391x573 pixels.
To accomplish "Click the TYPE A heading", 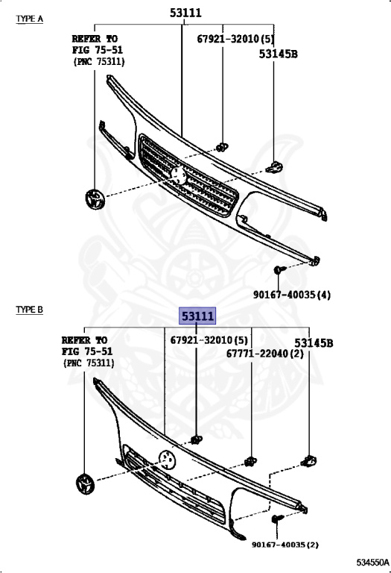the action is [30, 19].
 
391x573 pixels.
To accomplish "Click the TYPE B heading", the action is [30, 310].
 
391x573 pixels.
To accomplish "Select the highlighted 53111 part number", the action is [197, 316].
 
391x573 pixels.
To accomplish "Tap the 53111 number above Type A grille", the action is [185, 13].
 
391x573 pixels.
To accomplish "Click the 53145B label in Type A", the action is [279, 54].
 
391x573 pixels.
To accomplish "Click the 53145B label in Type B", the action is [314, 343].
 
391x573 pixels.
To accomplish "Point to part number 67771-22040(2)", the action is [265, 354].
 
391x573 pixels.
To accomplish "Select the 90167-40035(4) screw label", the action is [292, 295].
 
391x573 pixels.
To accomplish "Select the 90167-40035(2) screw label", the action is [284, 545].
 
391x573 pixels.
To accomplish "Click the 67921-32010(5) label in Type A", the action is [235, 39].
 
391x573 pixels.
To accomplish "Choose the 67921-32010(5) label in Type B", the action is [209, 340].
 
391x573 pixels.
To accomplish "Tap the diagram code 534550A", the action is [372, 561].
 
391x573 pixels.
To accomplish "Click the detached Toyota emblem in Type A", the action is [95, 199].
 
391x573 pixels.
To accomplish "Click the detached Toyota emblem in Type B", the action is [86, 484].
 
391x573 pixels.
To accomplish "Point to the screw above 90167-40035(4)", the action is [279, 269].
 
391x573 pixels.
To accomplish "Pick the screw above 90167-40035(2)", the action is [278, 519].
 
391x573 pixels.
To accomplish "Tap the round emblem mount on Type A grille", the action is [179, 175].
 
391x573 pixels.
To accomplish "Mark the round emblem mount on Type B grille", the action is [168, 460].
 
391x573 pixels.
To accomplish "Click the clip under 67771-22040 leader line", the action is [250, 462].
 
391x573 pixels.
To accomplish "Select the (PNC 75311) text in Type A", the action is [99, 61].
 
